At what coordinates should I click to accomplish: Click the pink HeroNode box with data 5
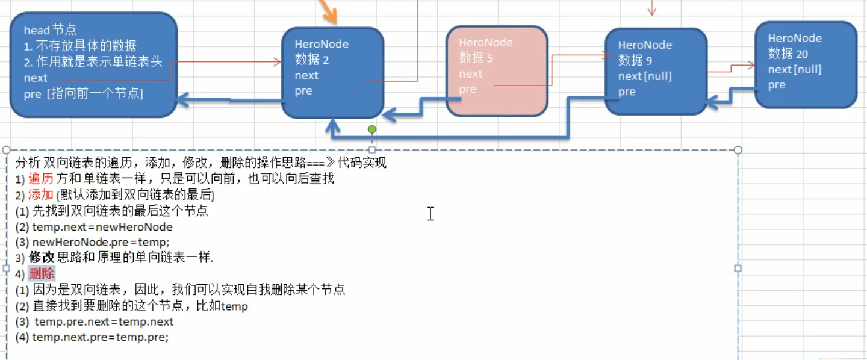pyautogui.click(x=497, y=70)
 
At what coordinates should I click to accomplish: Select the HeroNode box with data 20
pyautogui.click(x=805, y=64)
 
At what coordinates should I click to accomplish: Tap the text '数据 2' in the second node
pyautogui.click(x=312, y=60)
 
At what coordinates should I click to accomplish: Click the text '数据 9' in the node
pyautogui.click(x=635, y=60)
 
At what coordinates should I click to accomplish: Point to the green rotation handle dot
pyautogui.click(x=372, y=129)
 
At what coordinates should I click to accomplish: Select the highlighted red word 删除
pyautogui.click(x=42, y=274)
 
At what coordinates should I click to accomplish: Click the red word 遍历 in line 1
pyautogui.click(x=41, y=179)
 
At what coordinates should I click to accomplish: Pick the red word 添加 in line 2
pyautogui.click(x=41, y=195)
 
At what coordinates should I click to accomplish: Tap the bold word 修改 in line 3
pyautogui.click(x=42, y=258)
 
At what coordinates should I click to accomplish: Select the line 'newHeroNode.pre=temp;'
pyautogui.click(x=101, y=242)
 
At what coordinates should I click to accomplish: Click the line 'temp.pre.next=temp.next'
pyautogui.click(x=104, y=321)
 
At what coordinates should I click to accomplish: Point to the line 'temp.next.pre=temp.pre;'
pyautogui.click(x=101, y=337)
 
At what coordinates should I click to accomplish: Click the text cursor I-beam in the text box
pyautogui.click(x=430, y=214)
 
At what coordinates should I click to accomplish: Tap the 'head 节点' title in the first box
pyautogui.click(x=50, y=30)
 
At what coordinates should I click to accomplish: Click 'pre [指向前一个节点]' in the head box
pyautogui.click(x=83, y=93)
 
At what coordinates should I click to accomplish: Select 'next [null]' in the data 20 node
pyautogui.click(x=795, y=69)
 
